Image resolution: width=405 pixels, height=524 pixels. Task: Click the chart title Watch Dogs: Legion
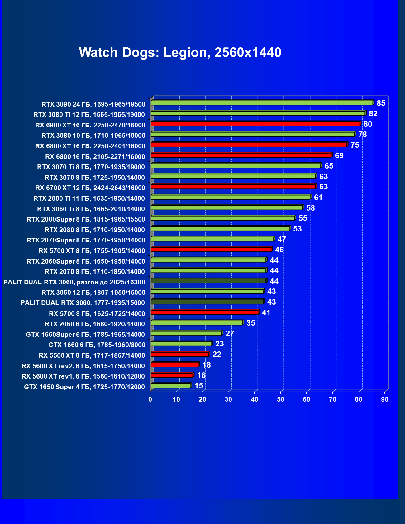(180, 52)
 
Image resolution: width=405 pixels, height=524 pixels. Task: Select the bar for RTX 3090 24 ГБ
(262, 103)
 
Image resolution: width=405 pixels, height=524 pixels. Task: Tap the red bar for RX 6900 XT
(255, 124)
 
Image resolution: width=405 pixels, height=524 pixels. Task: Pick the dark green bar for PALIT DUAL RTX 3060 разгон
(208, 281)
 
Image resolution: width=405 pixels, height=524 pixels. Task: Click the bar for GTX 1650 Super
(171, 386)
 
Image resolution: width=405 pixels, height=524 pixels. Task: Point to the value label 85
(381, 103)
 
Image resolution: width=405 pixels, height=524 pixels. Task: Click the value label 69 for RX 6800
(339, 156)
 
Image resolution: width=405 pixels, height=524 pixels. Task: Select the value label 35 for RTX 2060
(250, 323)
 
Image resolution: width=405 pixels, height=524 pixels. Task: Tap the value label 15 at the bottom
(199, 386)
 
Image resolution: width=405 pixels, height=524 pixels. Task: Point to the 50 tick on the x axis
(281, 399)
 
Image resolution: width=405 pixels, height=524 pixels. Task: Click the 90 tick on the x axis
(385, 399)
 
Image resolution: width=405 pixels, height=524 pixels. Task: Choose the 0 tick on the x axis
(150, 399)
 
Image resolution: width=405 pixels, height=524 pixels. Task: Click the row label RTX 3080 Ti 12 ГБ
(89, 115)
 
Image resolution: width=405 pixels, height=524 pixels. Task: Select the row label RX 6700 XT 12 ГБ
(90, 188)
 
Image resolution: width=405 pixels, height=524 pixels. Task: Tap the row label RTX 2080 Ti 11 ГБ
(89, 198)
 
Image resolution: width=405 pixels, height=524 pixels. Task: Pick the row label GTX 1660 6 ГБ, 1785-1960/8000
(97, 345)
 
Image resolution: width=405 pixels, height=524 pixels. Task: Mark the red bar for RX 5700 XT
(211, 250)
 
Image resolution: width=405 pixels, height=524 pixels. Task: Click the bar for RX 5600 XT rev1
(172, 375)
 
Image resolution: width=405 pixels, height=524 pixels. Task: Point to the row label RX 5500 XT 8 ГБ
(92, 355)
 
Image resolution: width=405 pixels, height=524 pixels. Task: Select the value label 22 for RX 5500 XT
(217, 355)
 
